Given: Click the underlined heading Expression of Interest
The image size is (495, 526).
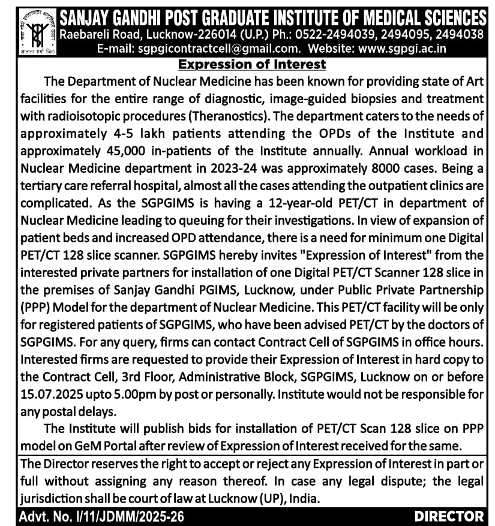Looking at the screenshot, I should [248, 64].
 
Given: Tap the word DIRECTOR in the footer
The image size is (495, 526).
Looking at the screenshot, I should [449, 516].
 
